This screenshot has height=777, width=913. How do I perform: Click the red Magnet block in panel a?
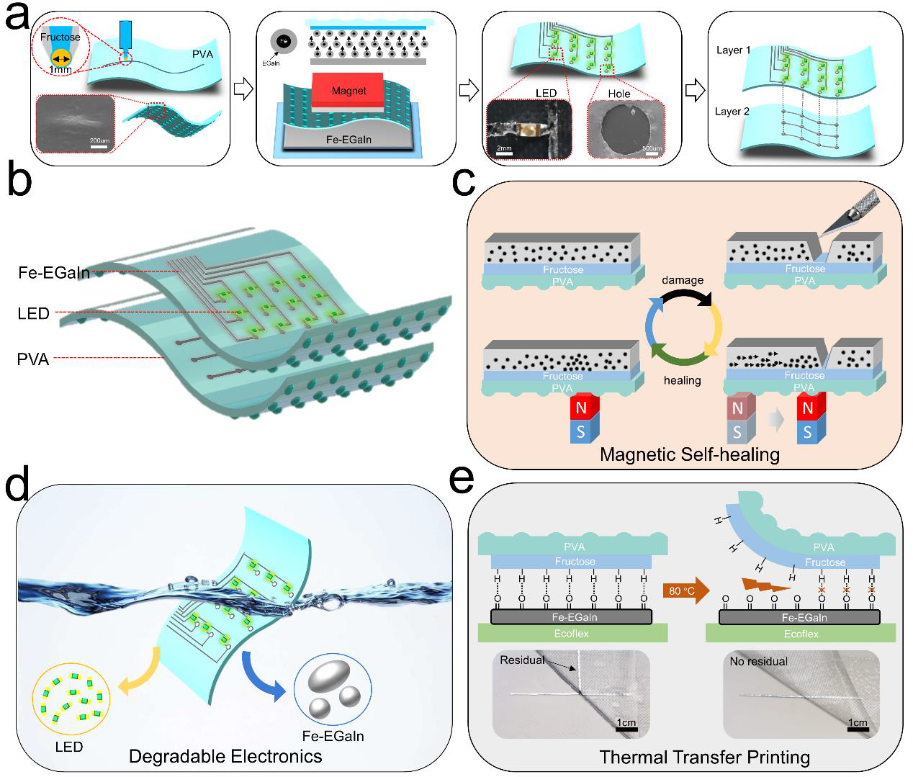point(349,91)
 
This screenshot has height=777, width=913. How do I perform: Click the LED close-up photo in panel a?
point(529,128)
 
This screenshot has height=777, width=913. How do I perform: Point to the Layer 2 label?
point(733,112)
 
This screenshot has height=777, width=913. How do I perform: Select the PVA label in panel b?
point(32,358)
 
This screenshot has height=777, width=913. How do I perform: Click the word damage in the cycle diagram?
point(682,279)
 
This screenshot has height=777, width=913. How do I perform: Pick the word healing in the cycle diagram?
point(682,379)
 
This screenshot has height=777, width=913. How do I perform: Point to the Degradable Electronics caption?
point(225,756)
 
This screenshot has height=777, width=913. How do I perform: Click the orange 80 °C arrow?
point(685,591)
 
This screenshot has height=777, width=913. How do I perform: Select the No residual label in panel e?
point(758,661)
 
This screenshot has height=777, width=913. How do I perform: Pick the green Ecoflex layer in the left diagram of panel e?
point(572,633)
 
